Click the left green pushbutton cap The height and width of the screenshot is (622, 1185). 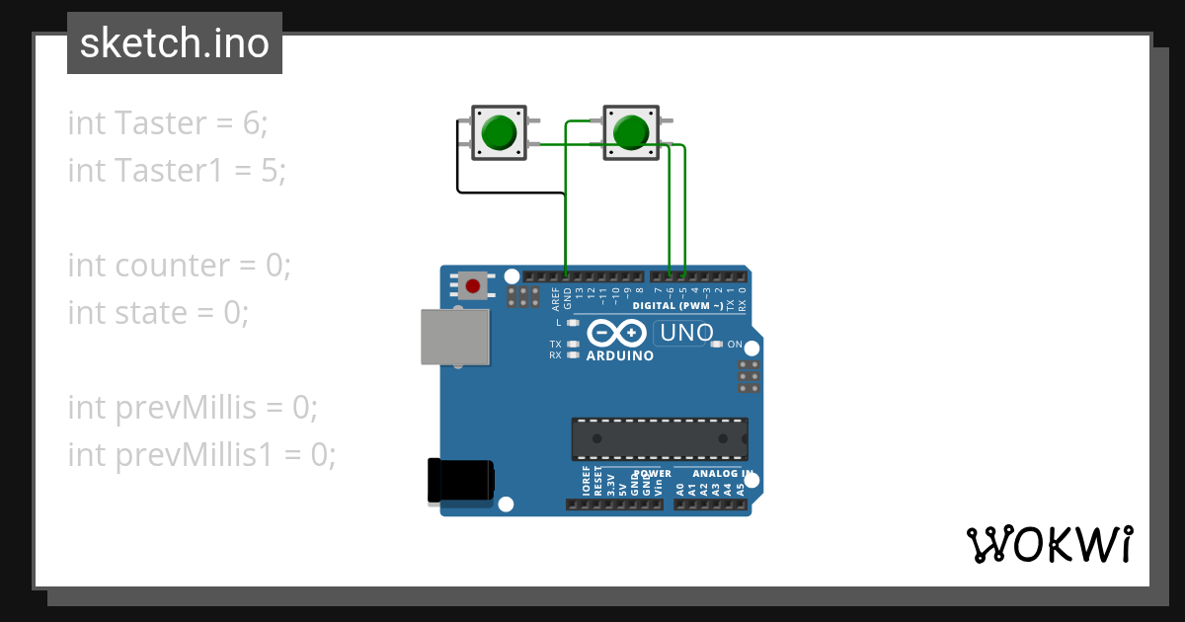pyautogui.click(x=499, y=132)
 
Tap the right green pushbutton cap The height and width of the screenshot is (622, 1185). pyautogui.click(x=629, y=132)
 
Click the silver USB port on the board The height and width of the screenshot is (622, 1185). pyautogui.click(x=455, y=336)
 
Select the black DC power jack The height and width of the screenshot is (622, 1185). pyautogui.click(x=460, y=480)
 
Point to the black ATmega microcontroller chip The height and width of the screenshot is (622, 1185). pyautogui.click(x=659, y=438)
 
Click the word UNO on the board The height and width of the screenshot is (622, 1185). pyautogui.click(x=685, y=334)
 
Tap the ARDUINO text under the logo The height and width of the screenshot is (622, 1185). pyautogui.click(x=619, y=355)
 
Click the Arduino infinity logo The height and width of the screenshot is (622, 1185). pyautogui.click(x=619, y=333)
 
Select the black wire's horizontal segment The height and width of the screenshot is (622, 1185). pyautogui.click(x=510, y=192)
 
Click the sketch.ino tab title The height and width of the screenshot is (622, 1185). pyautogui.click(x=175, y=43)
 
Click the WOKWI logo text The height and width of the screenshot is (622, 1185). pyautogui.click(x=1049, y=544)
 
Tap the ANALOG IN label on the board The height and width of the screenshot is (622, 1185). pyautogui.click(x=722, y=474)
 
